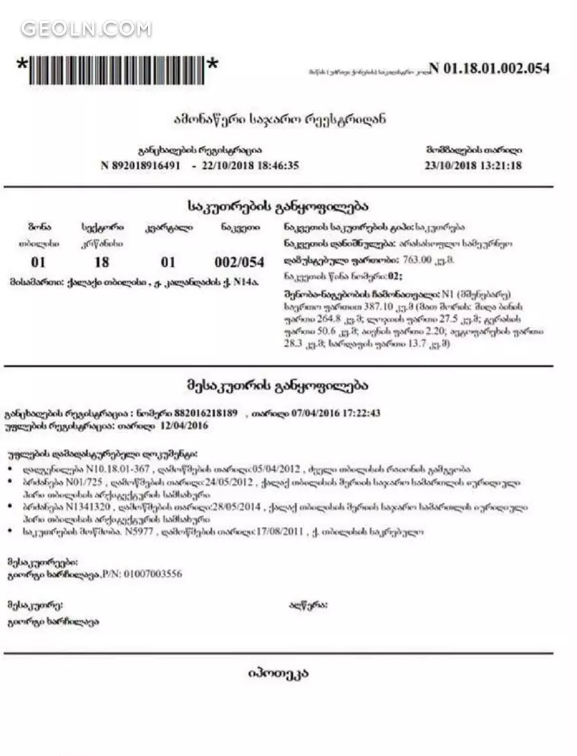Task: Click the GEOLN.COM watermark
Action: pyautogui.click(x=86, y=29)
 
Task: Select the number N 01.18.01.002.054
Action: pyautogui.click(x=489, y=68)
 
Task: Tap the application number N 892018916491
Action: pyautogui.click(x=141, y=165)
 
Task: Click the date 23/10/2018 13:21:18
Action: pyautogui.click(x=473, y=165)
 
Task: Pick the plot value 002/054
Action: pyautogui.click(x=239, y=262)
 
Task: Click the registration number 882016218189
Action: pyautogui.click(x=206, y=413)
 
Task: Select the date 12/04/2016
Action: pyautogui.click(x=184, y=425)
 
